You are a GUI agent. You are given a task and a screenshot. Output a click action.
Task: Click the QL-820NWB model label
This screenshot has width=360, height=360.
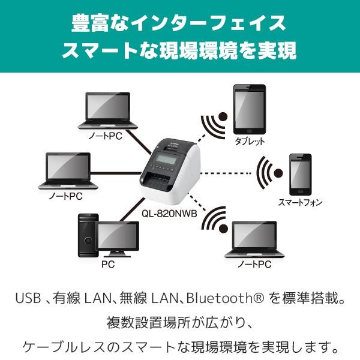(169, 214)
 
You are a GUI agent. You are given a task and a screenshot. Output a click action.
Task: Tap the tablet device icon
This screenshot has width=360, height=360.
(250, 109)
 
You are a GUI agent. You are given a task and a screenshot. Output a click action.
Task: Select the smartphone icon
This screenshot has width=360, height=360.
(301, 175)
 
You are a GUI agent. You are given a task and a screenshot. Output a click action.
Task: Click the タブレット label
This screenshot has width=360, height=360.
(250, 141)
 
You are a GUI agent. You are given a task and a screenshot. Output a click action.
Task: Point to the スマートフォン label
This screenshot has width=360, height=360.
(301, 202)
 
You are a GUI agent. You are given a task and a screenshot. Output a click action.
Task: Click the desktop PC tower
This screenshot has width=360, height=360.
(88, 235)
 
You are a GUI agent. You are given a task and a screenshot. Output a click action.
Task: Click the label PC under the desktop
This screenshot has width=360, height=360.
(108, 264)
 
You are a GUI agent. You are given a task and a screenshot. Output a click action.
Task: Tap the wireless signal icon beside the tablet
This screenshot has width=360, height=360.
(214, 125)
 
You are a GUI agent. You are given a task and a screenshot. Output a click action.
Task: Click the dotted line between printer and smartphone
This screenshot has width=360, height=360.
(226, 173)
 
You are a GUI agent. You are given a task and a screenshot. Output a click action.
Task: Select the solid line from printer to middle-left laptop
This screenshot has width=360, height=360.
(116, 173)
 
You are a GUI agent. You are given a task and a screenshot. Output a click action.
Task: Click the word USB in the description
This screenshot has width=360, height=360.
(28, 298)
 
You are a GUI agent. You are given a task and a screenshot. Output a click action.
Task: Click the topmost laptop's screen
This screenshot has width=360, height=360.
(108, 107)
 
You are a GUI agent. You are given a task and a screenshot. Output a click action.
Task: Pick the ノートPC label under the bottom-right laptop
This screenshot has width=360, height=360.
(254, 264)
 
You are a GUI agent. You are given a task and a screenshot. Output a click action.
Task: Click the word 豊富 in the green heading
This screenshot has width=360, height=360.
(90, 23)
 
